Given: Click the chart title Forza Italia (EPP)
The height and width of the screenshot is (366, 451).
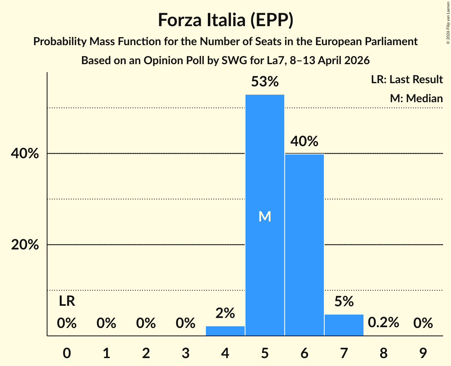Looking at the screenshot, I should pyautogui.click(x=225, y=20).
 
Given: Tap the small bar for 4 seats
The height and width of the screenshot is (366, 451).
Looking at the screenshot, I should pyautogui.click(x=225, y=331).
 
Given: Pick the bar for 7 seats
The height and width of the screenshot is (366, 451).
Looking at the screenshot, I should pyautogui.click(x=344, y=325).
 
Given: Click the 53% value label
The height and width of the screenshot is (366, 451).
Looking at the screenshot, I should pyautogui.click(x=265, y=82).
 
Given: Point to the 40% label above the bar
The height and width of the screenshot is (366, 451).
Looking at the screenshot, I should pyautogui.click(x=304, y=141).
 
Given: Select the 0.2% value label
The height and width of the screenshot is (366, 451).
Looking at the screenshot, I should pyautogui.click(x=383, y=323).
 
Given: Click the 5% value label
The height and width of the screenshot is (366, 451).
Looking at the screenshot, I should pyautogui.click(x=344, y=302).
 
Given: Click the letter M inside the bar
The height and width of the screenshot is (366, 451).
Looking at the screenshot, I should pyautogui.click(x=265, y=216).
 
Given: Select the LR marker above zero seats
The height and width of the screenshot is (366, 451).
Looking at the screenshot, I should pyautogui.click(x=67, y=301).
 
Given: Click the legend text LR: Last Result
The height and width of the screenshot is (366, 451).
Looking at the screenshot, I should pyautogui.click(x=407, y=80).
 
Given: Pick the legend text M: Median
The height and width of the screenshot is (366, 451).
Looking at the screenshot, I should pyautogui.click(x=416, y=98).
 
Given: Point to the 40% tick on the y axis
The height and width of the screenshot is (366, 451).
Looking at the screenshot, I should pyautogui.click(x=25, y=154).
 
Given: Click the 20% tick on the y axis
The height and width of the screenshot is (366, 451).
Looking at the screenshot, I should pyautogui.click(x=25, y=245).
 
